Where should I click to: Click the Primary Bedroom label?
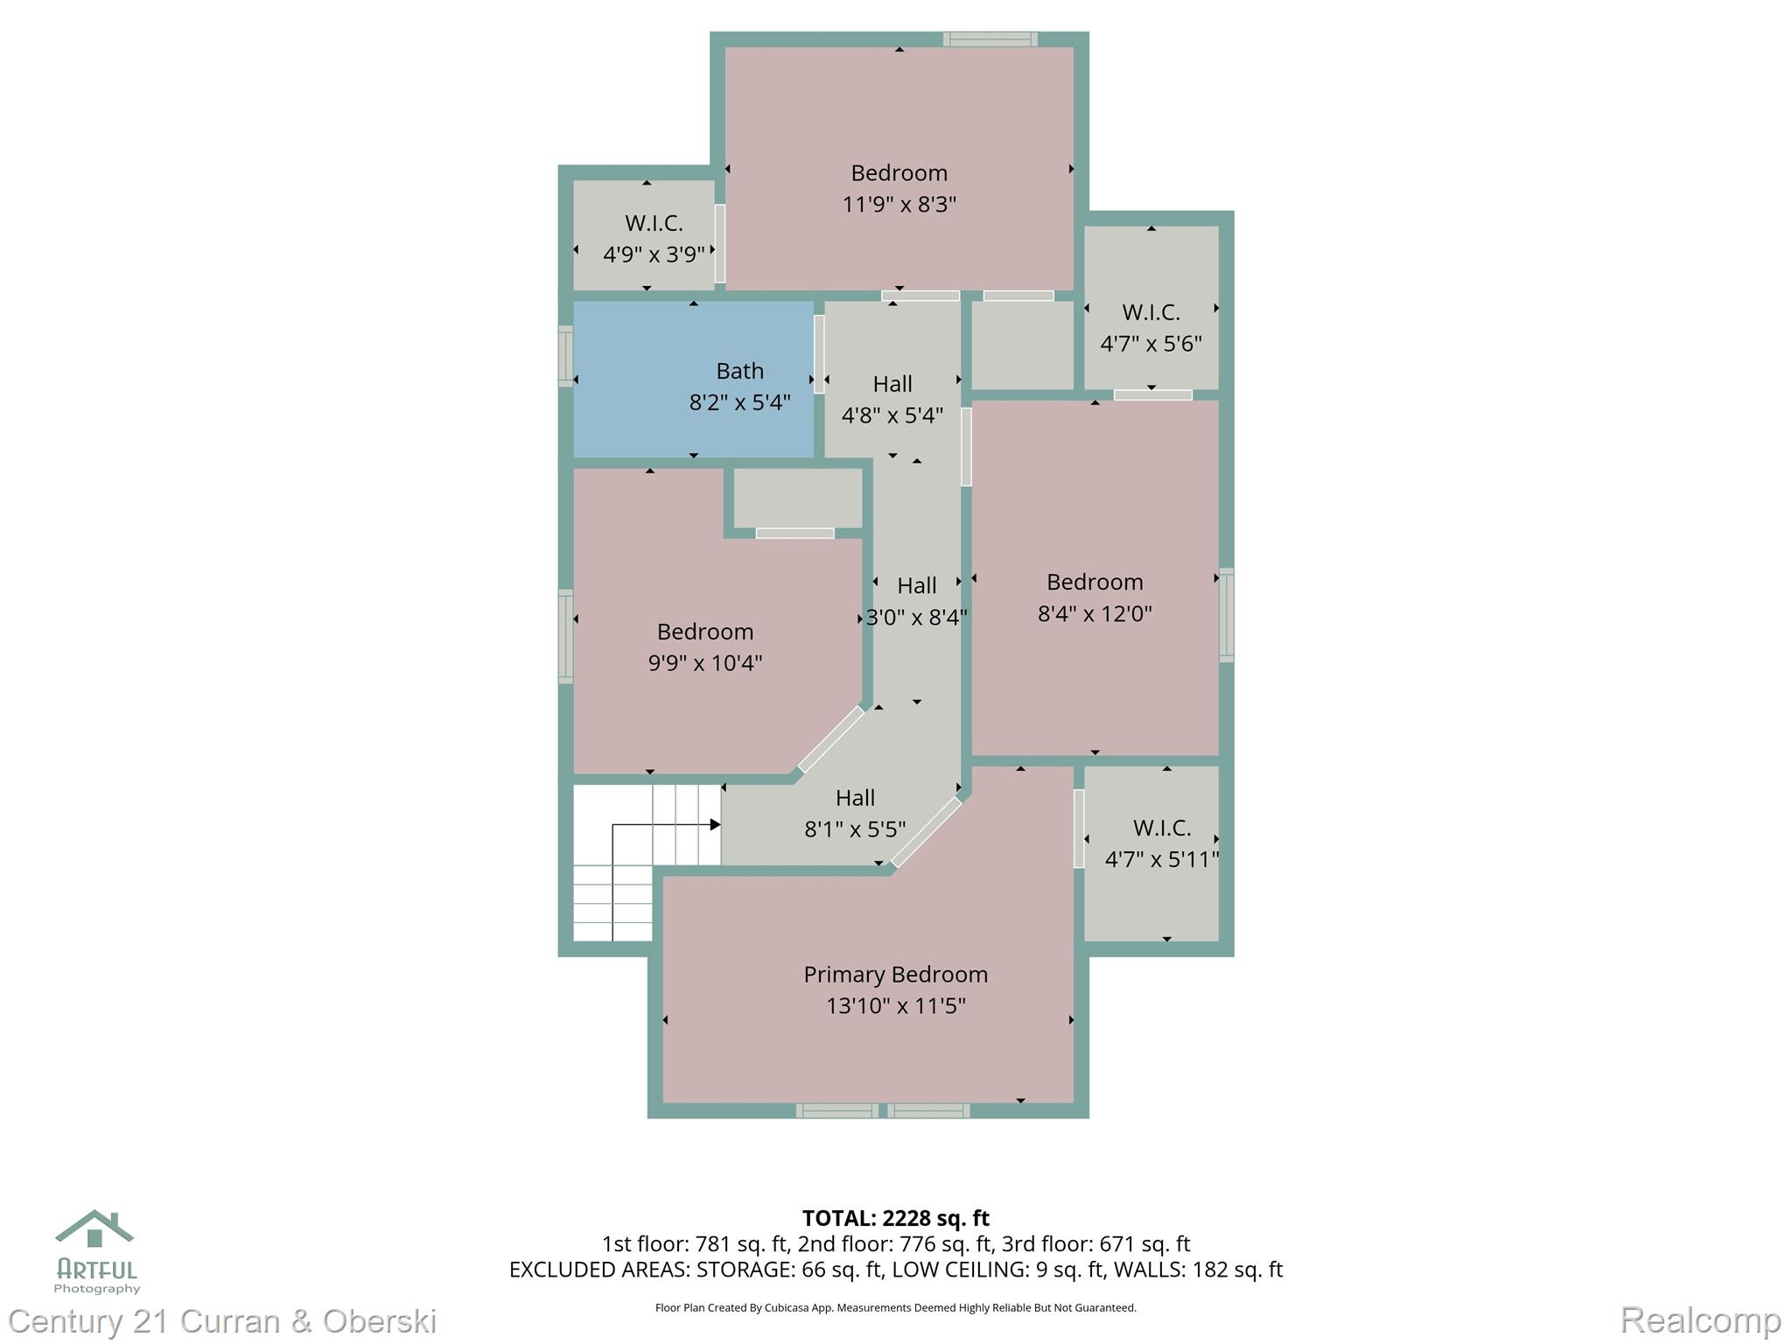tap(895, 974)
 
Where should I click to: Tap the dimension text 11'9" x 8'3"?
tap(899, 205)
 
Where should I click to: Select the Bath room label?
tap(739, 371)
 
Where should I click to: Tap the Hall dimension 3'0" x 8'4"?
tap(916, 617)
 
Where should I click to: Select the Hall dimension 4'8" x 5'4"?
tap(892, 415)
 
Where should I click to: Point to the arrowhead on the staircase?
tap(715, 824)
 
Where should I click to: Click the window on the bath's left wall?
tap(566, 356)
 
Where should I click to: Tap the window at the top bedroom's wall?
tap(990, 38)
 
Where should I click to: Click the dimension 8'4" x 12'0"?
tap(1094, 613)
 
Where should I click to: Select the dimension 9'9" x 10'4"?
tap(704, 663)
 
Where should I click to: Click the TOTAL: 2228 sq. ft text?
tap(895, 1218)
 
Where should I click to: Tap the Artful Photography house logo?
tap(94, 1228)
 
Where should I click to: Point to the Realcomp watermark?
tap(1699, 1319)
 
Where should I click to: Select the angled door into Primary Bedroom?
tap(926, 832)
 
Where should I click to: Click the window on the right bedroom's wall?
tap(1227, 614)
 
